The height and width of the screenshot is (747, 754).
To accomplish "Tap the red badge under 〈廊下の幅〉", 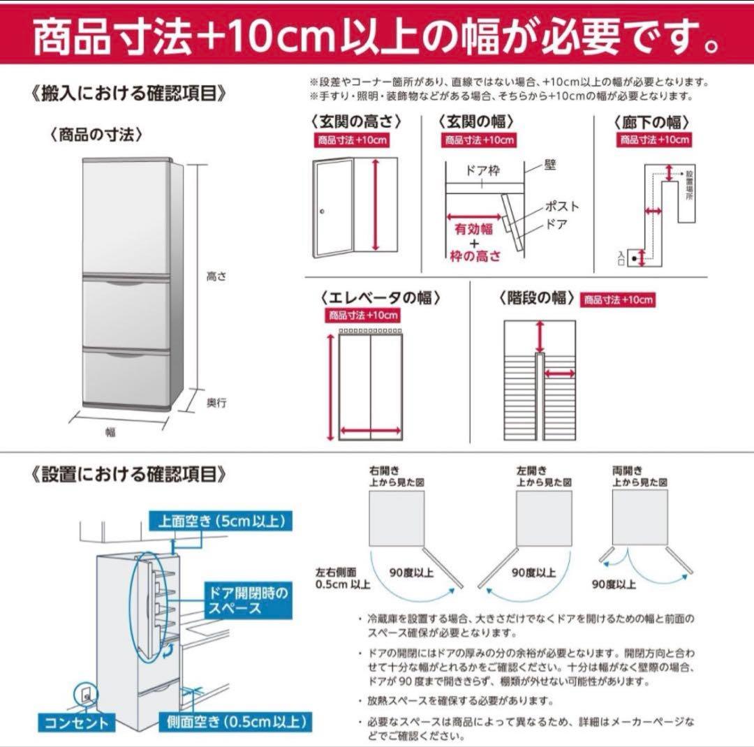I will (x=655, y=140).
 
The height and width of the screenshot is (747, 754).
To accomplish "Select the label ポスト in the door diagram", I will (x=562, y=207).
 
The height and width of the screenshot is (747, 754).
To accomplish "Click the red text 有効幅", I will (x=474, y=229).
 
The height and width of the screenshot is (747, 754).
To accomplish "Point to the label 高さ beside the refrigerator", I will (x=216, y=276).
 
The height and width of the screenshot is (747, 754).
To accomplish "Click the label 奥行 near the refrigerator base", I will (x=216, y=403).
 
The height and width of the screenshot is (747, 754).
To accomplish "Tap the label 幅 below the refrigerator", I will (x=110, y=432).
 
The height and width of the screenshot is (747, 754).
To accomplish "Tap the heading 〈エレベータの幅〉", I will (x=380, y=297).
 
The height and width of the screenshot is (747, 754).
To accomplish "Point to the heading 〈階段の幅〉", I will (x=536, y=297).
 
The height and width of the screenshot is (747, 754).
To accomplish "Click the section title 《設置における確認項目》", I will (x=129, y=475).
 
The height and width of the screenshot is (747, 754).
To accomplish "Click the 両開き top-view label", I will (x=627, y=471).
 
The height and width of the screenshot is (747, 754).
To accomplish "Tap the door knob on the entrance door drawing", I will (x=322, y=212).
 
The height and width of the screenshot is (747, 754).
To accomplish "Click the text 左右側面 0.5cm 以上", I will (x=342, y=578).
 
